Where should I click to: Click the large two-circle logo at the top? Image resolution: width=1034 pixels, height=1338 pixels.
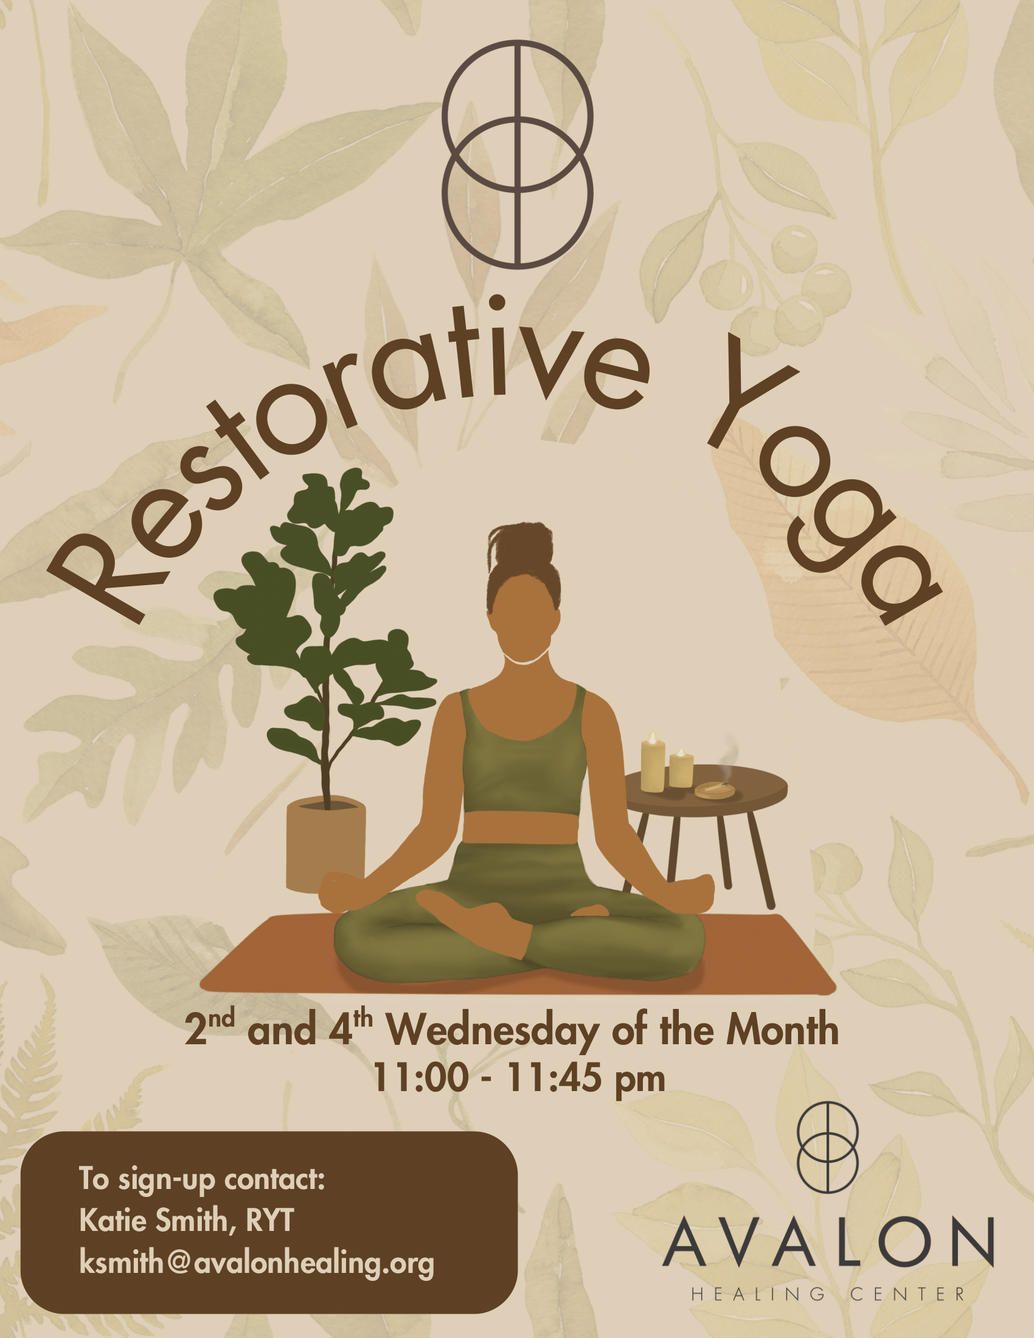point(517,154)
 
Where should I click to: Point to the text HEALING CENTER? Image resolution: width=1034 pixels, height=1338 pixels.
point(828,1294)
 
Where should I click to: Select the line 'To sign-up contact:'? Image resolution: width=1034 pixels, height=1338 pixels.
point(201,1179)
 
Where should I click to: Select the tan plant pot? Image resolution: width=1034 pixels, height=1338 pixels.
point(326,845)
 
